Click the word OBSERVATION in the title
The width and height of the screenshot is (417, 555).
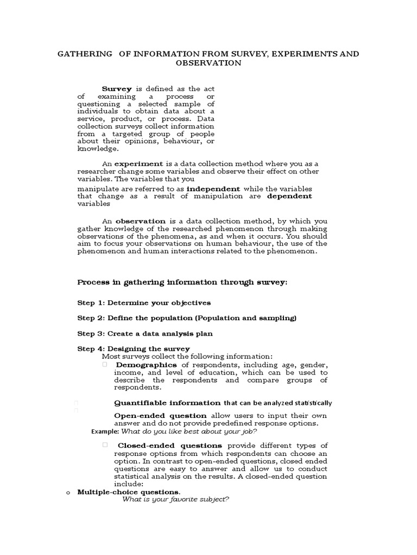pos(208,63)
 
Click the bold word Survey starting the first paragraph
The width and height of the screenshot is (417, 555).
pos(117,89)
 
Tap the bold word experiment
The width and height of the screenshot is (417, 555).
pos(139,163)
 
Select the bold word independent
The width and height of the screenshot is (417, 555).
pos(213,188)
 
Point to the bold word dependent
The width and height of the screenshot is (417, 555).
pos(289,196)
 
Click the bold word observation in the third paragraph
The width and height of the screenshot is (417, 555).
pos(141,221)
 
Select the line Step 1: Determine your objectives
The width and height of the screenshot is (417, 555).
pos(144,302)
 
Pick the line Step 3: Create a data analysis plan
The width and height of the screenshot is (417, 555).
pos(145,334)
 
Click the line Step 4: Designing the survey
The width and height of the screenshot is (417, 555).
pos(134,349)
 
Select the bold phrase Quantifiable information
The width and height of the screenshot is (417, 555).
pos(168,403)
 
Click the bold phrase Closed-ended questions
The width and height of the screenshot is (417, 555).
pos(170,445)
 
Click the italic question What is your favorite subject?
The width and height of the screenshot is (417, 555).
pos(175,499)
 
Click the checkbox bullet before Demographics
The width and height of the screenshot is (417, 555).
pos(105,365)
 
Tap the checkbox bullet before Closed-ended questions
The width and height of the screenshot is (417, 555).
pos(105,445)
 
